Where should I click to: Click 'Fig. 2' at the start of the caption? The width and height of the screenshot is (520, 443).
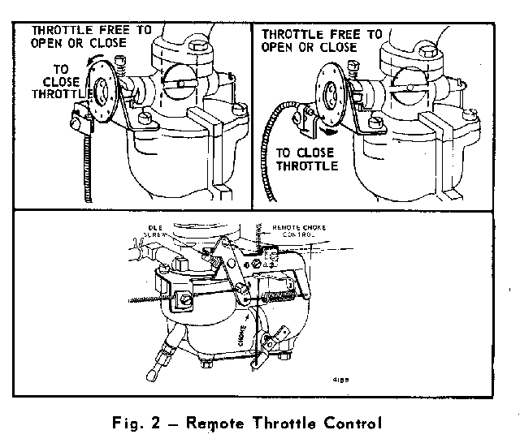coord(141,423)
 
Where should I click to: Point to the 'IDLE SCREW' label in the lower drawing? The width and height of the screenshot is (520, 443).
coord(155,234)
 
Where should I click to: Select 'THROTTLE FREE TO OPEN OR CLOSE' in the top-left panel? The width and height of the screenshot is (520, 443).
coord(91,36)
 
